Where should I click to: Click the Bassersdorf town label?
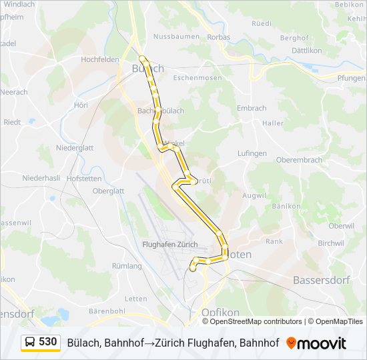coord(322,280)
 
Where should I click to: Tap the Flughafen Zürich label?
coord(167,244)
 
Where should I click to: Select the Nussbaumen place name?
coord(173,36)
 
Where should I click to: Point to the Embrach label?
coord(252,108)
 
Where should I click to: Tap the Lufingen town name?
coord(252,153)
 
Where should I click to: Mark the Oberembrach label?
coord(299,160)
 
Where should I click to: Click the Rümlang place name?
coord(127,266)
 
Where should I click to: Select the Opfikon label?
coord(220,312)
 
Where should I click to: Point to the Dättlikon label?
coord(307,51)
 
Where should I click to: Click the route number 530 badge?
coord(47,342)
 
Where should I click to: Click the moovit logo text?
coord(322,343)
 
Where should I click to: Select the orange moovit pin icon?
coord(291,343)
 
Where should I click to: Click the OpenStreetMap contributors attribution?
coord(256,321)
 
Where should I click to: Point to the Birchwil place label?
coord(330,243)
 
